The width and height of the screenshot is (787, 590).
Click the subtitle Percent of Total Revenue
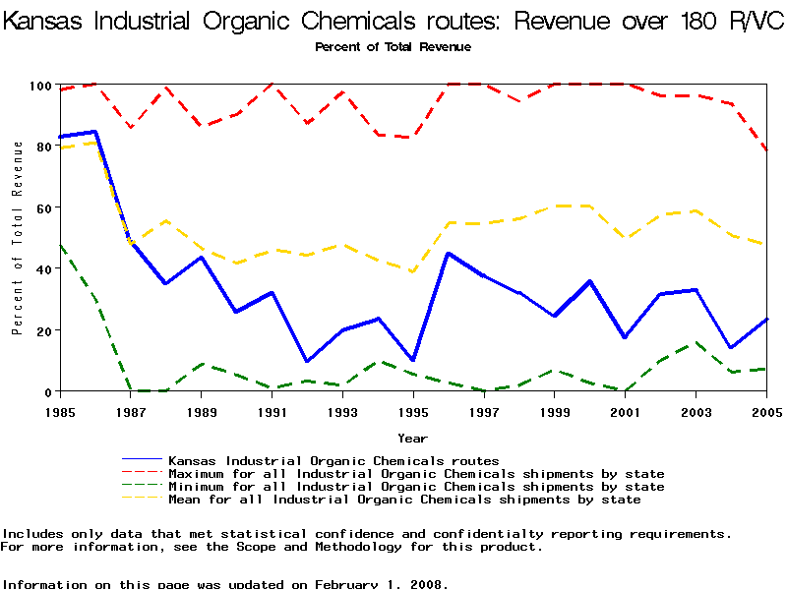[x=393, y=47]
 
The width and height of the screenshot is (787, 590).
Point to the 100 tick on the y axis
[x=39, y=86]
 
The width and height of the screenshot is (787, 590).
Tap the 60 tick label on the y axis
[x=42, y=207]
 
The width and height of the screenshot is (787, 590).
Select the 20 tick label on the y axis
[x=42, y=330]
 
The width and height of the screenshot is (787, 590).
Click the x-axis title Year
[x=412, y=438]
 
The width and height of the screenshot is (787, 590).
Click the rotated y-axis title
[x=18, y=237]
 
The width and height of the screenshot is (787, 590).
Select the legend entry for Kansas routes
[x=333, y=460]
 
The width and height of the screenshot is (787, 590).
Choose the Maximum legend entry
[x=416, y=474]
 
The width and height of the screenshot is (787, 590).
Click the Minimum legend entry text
[x=416, y=487]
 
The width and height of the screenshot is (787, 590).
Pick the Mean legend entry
[x=404, y=500]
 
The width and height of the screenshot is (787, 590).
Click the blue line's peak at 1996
[x=449, y=254]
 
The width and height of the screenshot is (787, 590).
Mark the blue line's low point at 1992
[x=308, y=361]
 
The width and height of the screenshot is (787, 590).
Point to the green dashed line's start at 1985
[x=61, y=246]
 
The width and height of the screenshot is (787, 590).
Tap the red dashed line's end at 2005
[x=765, y=150]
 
